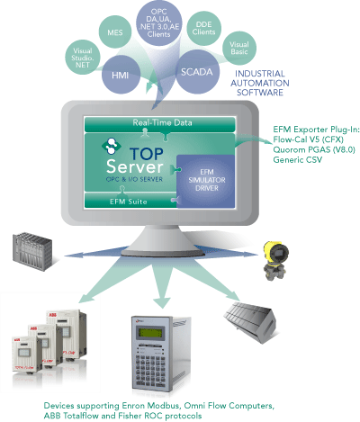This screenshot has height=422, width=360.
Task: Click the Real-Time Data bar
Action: [x=159, y=122]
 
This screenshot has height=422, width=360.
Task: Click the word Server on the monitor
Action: [x=131, y=168]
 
